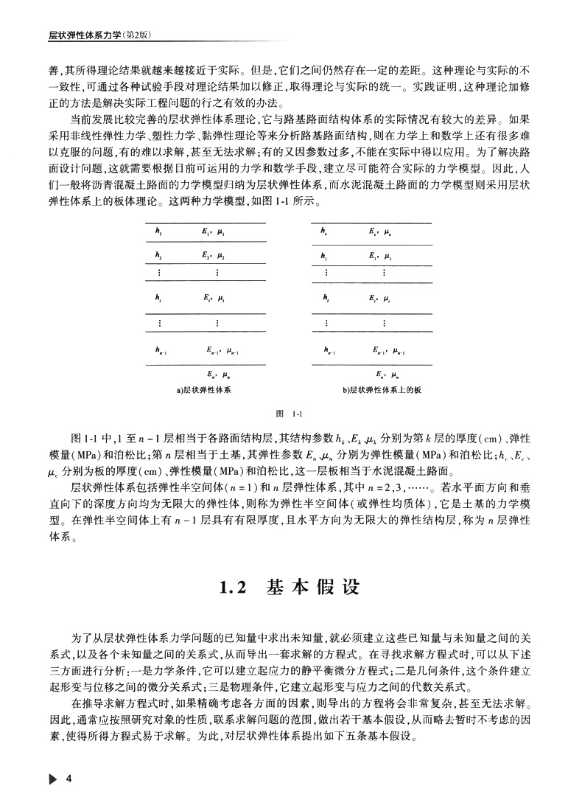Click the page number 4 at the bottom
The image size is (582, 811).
pos(69,780)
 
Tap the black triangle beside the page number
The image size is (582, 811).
pos(52,780)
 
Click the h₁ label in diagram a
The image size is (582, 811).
pos(157,232)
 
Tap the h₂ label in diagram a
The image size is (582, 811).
pos(157,255)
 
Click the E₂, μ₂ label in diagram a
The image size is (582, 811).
pos(214,255)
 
